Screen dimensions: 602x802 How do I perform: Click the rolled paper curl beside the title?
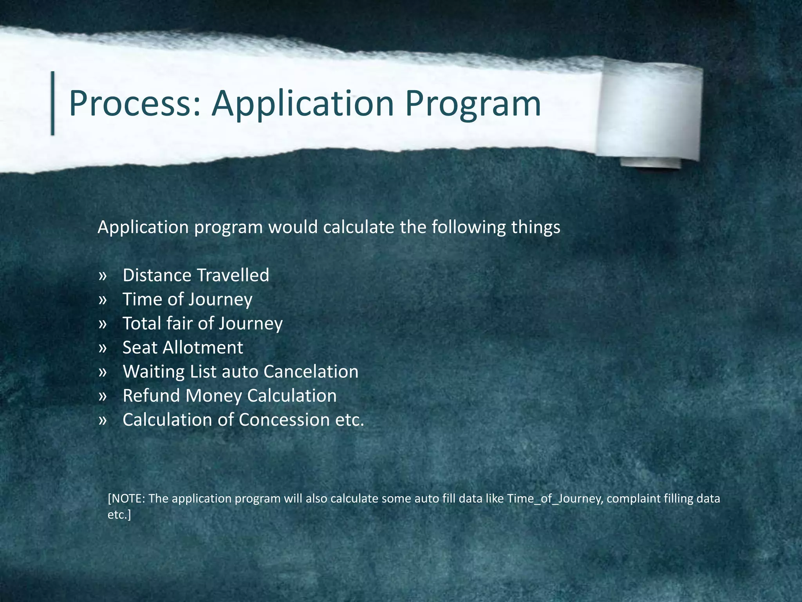[x=650, y=114]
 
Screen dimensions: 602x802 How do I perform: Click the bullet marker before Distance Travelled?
[x=103, y=276]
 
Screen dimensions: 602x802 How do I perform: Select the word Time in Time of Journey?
[x=142, y=299]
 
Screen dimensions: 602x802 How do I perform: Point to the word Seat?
[x=139, y=348]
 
